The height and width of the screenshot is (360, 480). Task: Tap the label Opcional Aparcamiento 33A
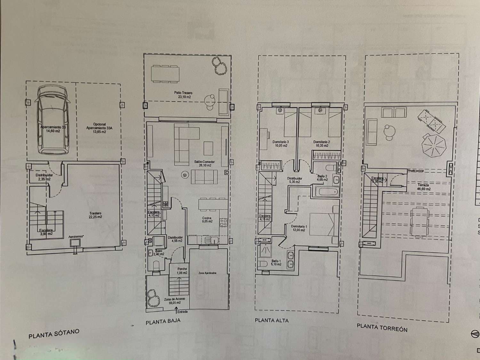click(99, 128)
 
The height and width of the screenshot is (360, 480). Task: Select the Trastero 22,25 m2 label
click(95, 215)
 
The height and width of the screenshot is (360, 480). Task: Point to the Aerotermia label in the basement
click(76, 237)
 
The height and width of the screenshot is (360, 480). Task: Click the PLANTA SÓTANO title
click(54, 334)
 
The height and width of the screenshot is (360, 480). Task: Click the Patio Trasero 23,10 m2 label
click(183, 95)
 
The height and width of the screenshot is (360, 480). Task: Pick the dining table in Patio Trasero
click(165, 74)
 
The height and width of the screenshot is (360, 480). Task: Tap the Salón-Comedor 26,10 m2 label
click(204, 164)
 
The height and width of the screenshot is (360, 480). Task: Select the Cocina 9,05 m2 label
click(207, 220)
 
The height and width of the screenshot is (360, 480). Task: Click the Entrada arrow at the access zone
click(176, 309)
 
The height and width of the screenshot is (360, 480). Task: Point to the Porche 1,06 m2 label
click(182, 271)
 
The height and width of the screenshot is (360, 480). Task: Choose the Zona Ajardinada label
click(207, 273)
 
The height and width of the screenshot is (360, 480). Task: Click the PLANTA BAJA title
click(163, 322)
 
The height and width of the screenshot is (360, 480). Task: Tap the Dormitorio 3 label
click(281, 144)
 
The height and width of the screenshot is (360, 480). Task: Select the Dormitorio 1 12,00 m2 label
click(299, 228)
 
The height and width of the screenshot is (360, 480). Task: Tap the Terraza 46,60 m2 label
click(423, 187)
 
